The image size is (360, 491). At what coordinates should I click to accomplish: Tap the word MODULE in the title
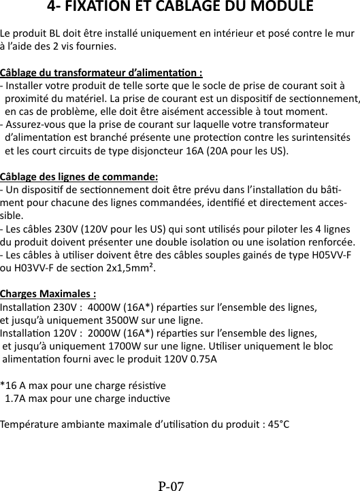[280, 7]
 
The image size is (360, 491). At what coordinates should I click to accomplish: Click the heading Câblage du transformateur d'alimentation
[101, 73]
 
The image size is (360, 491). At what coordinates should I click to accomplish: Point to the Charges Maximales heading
[48, 294]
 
